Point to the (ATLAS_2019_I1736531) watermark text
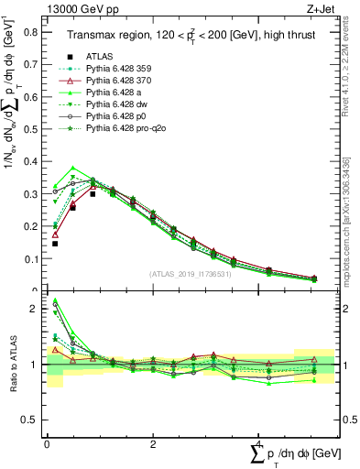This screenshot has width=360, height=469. point(191,274)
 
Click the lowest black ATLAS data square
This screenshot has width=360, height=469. point(55,244)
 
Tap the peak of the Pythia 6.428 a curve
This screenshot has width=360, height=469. point(73,169)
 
